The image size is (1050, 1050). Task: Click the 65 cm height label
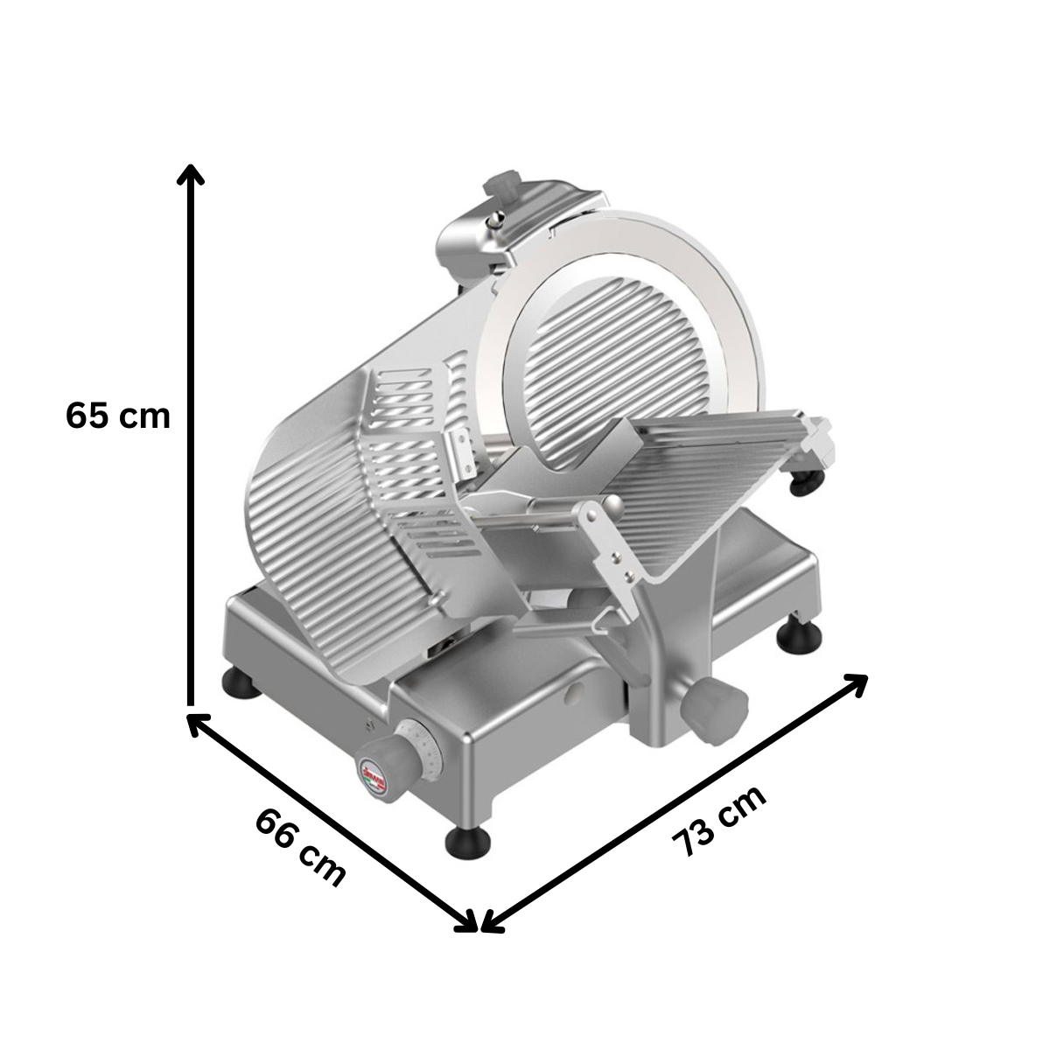click(x=117, y=416)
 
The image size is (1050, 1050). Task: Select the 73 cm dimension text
click(x=719, y=821)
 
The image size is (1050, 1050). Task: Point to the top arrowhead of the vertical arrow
click(x=190, y=174)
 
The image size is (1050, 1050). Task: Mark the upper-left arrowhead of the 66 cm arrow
click(x=198, y=723)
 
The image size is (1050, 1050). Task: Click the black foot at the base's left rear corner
click(x=242, y=683)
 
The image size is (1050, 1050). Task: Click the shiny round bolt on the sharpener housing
click(x=497, y=220)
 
